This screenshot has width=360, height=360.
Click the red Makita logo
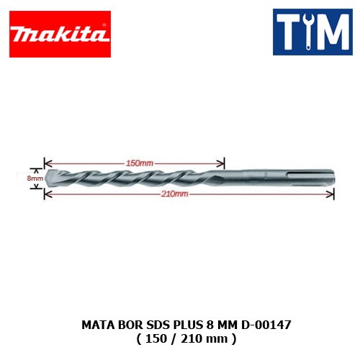point(60,34)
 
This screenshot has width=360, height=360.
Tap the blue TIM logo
point(312,32)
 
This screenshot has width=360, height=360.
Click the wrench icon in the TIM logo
point(308,32)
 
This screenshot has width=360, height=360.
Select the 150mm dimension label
point(140,163)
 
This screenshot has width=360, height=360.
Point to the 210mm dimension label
point(175,194)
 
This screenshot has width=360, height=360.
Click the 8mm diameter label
point(35,179)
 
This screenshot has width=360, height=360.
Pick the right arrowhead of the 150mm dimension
point(220,163)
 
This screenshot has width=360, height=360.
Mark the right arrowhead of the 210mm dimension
point(330,194)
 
